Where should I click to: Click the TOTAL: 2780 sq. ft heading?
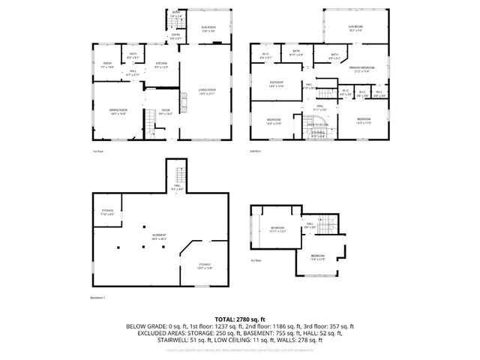(x=240, y=319)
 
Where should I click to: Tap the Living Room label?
(x=207, y=91)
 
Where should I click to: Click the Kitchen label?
(x=160, y=64)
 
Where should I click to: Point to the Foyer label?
(x=166, y=112)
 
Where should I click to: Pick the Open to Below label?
(x=318, y=124)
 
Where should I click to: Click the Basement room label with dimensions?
(x=159, y=237)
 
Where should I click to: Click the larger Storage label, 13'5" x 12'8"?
(x=204, y=266)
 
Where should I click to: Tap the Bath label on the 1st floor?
(x=133, y=55)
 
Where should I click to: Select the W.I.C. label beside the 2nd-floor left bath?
(x=265, y=55)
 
